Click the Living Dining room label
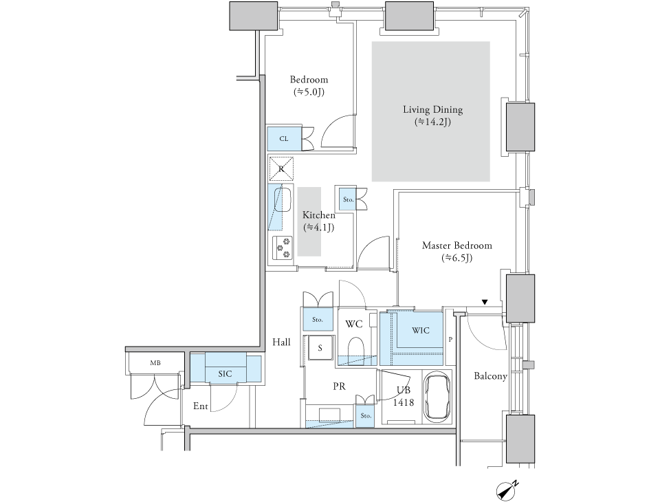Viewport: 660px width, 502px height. pyautogui.click(x=432, y=109)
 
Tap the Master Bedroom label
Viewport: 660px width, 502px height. pyautogui.click(x=456, y=245)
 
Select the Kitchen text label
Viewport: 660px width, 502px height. pyautogui.click(x=318, y=215)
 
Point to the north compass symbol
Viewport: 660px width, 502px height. pyautogui.click(x=507, y=490)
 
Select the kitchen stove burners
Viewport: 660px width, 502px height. pyautogui.click(x=282, y=248)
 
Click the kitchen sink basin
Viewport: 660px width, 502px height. pyautogui.click(x=283, y=199)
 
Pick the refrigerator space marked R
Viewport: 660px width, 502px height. pyautogui.click(x=281, y=169)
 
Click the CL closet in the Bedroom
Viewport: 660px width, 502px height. pyautogui.click(x=284, y=138)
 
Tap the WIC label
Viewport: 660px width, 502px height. pyautogui.click(x=421, y=330)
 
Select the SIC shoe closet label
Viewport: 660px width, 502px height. pyautogui.click(x=225, y=373)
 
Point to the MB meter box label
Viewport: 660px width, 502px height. pyautogui.click(x=155, y=362)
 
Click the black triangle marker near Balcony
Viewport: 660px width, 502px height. pyautogui.click(x=485, y=302)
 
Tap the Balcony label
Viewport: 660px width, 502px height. pyautogui.click(x=490, y=376)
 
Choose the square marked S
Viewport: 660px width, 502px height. pyautogui.click(x=320, y=347)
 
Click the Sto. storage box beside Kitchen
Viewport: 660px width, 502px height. pyautogui.click(x=348, y=199)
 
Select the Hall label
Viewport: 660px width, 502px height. pyautogui.click(x=281, y=342)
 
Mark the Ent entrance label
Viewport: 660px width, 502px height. pyautogui.click(x=200, y=406)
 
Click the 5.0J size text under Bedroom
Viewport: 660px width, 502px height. pyautogui.click(x=309, y=92)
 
